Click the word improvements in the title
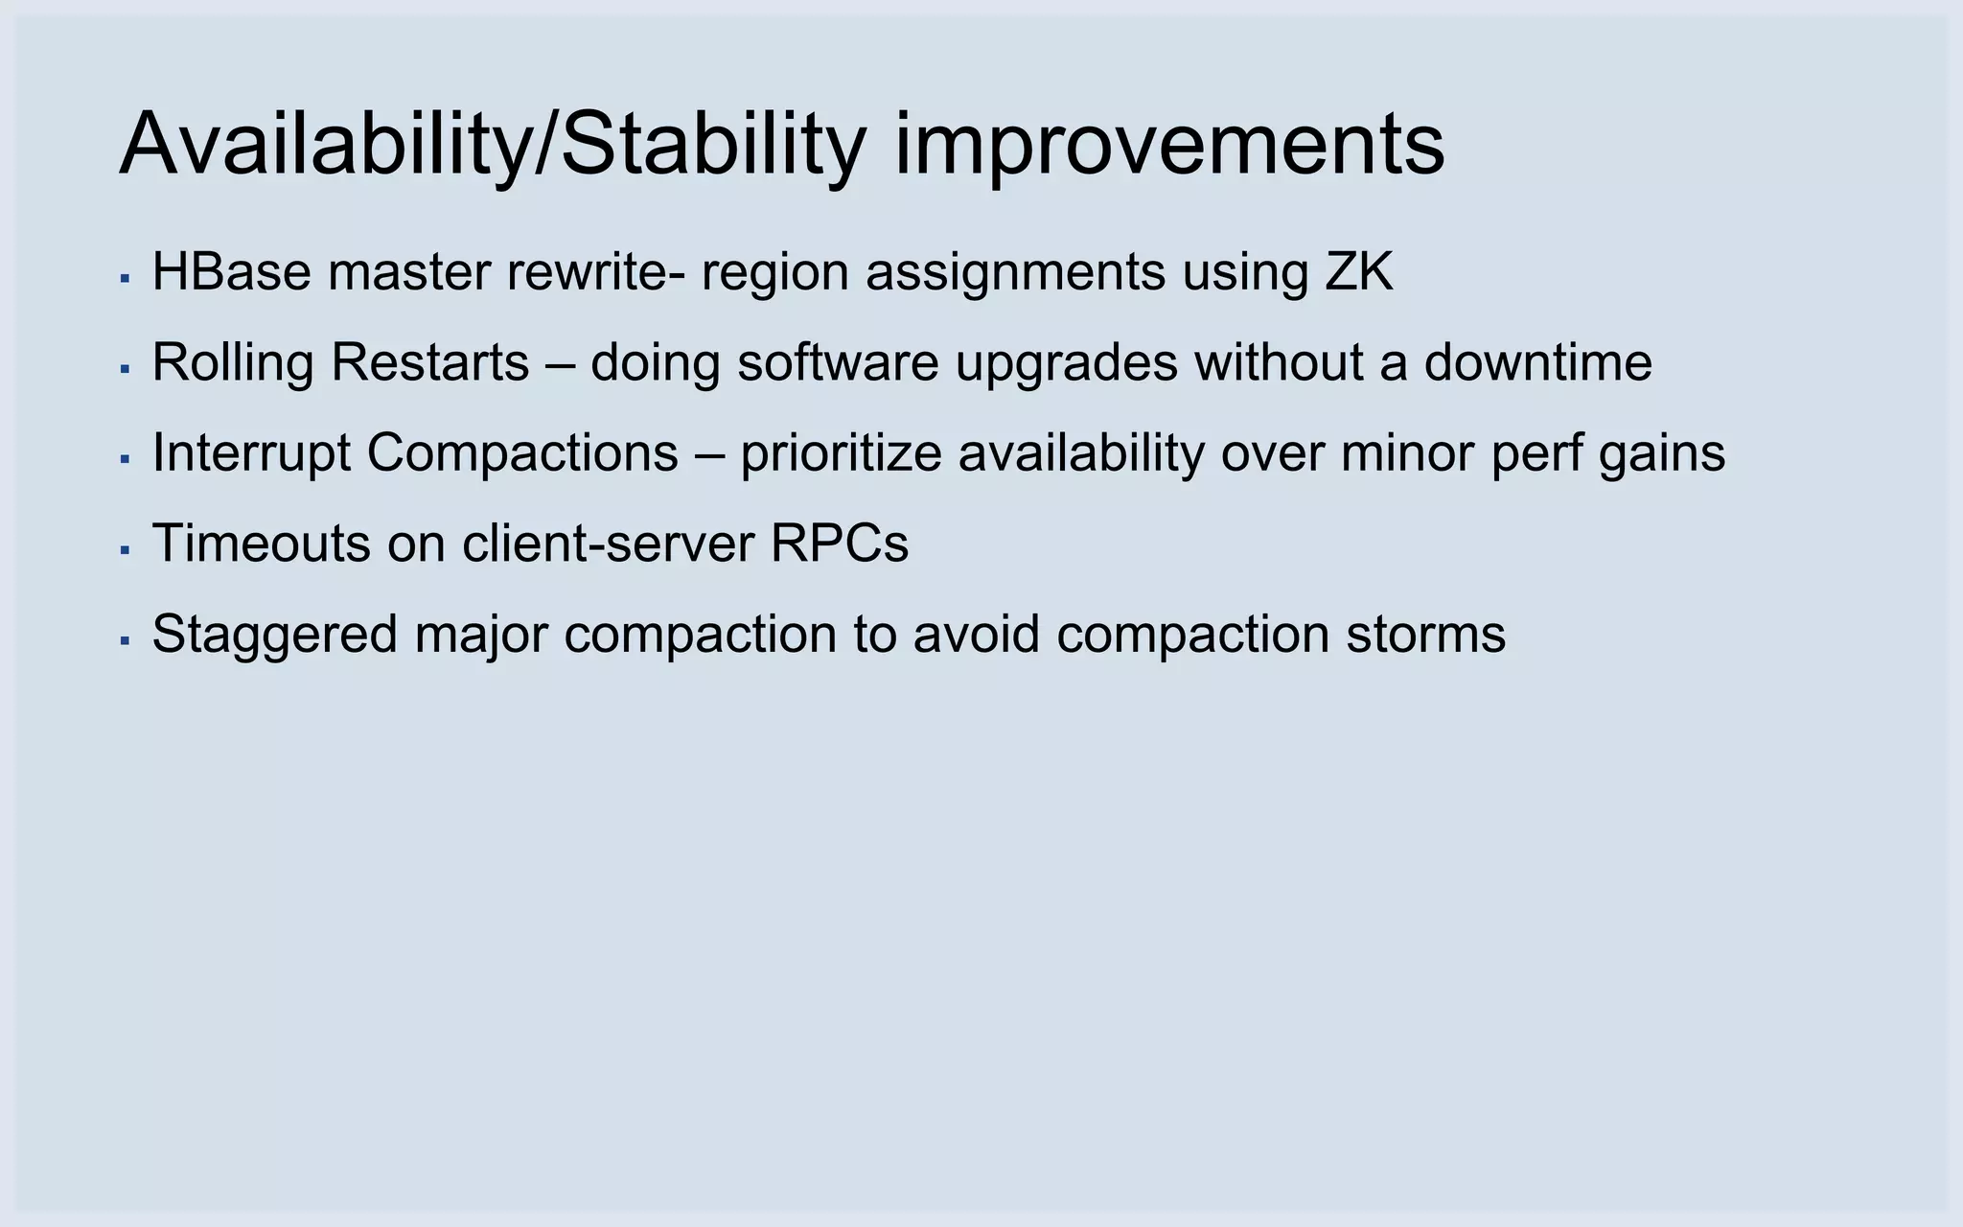(1168, 146)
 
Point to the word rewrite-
(595, 272)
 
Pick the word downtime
(1537, 363)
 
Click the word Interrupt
(251, 453)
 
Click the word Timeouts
(261, 544)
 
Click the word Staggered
(274, 635)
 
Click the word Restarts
(429, 363)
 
